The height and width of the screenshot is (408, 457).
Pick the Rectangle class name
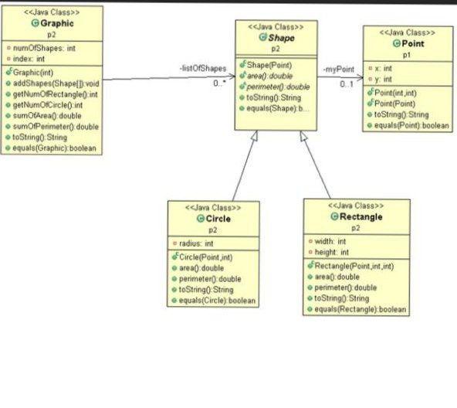point(359,217)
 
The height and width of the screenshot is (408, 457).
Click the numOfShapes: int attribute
point(45,48)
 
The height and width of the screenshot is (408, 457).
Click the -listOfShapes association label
point(203,70)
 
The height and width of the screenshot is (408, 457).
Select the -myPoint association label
point(338,70)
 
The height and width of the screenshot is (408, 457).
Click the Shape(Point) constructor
point(270,65)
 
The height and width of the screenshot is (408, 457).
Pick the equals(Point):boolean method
point(411,125)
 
